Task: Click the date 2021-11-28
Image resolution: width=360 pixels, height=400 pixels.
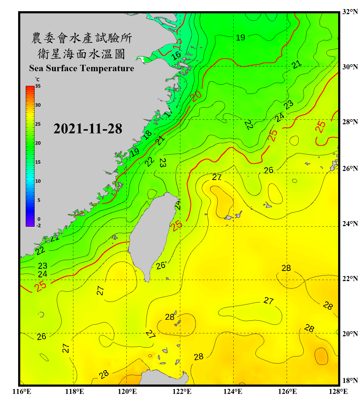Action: tap(88, 129)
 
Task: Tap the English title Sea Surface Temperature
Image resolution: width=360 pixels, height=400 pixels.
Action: tap(82, 68)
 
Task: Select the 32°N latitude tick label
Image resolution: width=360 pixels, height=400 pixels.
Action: tap(350, 12)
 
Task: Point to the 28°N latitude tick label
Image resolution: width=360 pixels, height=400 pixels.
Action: tap(350, 122)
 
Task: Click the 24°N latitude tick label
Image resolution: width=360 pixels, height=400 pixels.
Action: tap(350, 224)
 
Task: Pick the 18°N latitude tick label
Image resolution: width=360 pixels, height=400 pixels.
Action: tap(350, 381)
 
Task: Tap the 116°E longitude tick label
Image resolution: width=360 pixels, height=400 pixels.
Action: tap(22, 391)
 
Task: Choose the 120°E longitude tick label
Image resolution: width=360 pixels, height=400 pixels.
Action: tap(127, 391)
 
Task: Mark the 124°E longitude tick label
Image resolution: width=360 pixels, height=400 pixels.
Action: tap(233, 391)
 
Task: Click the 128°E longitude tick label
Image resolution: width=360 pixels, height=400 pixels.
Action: tap(338, 391)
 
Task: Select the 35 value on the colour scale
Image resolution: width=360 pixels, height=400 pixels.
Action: tap(38, 86)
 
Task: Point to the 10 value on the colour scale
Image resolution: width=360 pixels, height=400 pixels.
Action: tap(38, 181)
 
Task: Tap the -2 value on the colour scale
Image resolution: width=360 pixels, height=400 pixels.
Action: tap(38, 226)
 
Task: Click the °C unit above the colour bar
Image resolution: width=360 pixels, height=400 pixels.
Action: tap(37, 79)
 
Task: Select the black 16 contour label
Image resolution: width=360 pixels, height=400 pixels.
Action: tap(176, 56)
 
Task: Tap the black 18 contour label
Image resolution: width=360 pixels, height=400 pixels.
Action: tap(147, 135)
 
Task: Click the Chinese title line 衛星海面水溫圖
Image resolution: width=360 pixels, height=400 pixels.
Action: tap(81, 54)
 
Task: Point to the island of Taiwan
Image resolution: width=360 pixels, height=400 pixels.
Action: tap(152, 232)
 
